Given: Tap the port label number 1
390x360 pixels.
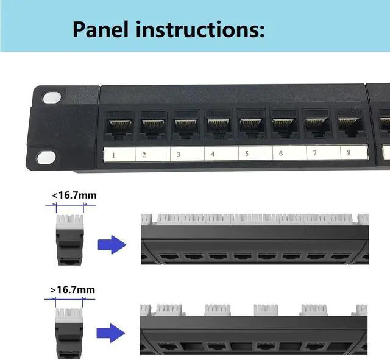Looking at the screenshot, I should tap(114, 155).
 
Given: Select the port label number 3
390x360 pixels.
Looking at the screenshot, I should tap(179, 155).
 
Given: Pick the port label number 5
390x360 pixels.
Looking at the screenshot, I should tap(247, 154).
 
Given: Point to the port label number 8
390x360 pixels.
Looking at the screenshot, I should tap(348, 153).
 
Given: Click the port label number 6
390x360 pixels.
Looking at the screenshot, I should tap(281, 154).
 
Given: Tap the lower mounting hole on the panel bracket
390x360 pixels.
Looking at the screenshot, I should tap(46, 157).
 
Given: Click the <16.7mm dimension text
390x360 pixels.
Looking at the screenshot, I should tap(74, 196).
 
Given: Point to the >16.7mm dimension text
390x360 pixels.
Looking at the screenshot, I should tap(73, 290).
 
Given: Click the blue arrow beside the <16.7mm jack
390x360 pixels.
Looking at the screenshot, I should tap(112, 245).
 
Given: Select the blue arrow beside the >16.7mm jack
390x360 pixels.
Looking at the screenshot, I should tap(112, 333).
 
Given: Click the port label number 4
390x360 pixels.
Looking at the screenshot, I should tap(213, 154).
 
